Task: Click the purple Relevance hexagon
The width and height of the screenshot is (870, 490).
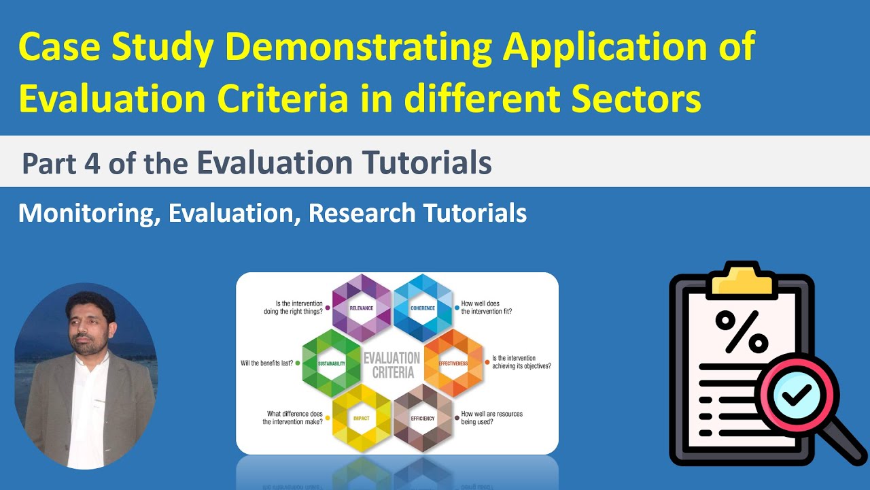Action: point(362,308)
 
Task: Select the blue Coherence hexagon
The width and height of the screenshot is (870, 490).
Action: point(423,308)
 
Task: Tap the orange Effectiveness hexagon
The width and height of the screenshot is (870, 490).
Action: point(453,363)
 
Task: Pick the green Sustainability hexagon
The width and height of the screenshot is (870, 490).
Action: point(331,363)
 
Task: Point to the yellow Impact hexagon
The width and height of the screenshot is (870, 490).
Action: point(362,417)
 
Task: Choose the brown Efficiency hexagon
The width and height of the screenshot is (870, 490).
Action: point(423,417)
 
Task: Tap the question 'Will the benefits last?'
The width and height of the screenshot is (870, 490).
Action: point(267,363)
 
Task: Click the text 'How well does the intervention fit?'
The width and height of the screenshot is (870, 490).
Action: point(487,308)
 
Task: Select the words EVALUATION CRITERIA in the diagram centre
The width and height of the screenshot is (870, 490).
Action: point(391,364)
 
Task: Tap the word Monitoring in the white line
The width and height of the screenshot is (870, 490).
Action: point(88,213)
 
